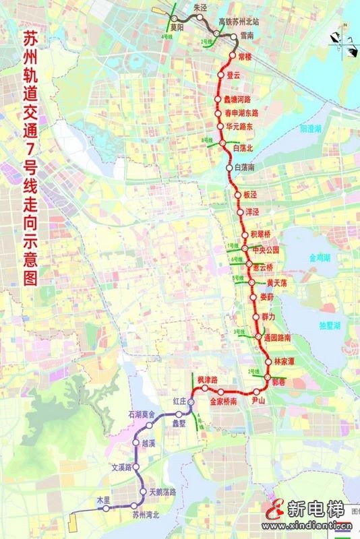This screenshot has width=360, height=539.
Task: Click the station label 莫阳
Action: pos(177,28)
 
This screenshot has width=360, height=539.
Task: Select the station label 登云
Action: pos(234,76)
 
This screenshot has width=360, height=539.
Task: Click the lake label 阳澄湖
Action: pos(311,127)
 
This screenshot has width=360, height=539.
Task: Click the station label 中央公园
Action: pos(265,249)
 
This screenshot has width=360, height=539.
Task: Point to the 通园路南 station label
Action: pos(278,336)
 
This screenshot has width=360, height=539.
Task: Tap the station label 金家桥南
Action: pos(223,401)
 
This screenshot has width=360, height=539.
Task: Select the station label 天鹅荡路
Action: pos(162,493)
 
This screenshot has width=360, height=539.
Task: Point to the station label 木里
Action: pos(102,500)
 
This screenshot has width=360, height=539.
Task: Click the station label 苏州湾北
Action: pos(146,515)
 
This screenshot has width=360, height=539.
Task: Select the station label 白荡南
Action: pos(247,166)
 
